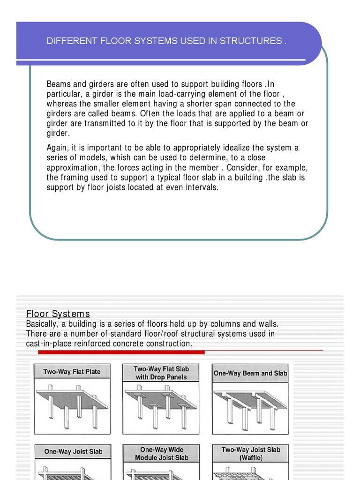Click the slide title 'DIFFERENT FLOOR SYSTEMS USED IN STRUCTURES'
pos(166,41)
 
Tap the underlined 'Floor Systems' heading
pos(58,314)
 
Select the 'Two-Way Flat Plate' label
pos(72,372)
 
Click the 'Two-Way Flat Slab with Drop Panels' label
pos(161,373)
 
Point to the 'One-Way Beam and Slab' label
pos(250,374)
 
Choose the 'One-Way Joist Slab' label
pos(73,452)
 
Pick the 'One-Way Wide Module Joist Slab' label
pos(161,453)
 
